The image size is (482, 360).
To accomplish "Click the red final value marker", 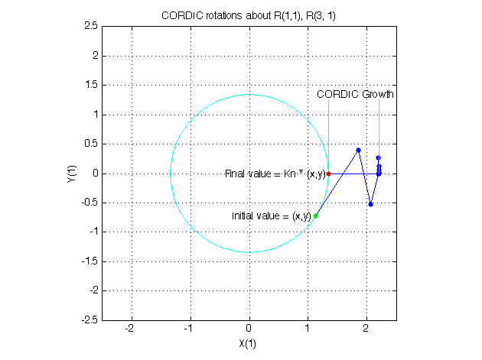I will tap(329, 174).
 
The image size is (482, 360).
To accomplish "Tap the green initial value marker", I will tap(315, 216).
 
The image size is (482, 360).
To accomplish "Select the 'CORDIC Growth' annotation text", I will tap(355, 95).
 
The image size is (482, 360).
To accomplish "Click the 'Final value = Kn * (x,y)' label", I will tap(275, 174).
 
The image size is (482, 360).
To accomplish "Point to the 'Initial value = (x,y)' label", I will tap(271, 216).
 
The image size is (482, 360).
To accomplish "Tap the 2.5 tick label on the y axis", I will tap(90, 26).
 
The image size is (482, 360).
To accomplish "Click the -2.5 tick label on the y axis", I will tap(88, 320).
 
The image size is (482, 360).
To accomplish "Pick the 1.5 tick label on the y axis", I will tap(90, 85).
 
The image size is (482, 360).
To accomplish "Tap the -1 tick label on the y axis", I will tap(92, 232).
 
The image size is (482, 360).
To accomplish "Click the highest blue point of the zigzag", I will tap(358, 150).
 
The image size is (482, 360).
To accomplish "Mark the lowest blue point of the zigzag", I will tap(370, 204).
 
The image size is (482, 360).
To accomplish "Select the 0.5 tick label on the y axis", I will tap(90, 144).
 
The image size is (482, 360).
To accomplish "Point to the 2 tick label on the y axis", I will tap(93, 56).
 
